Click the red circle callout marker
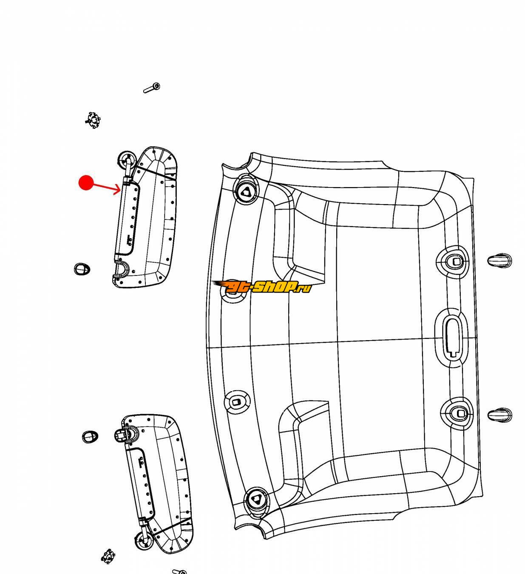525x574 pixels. [x=86, y=182]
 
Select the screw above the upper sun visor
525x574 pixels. [x=152, y=88]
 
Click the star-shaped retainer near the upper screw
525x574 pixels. [x=93, y=120]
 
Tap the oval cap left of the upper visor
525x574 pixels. [x=82, y=269]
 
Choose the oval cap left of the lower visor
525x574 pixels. [x=90, y=437]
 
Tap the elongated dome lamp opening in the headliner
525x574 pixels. [x=451, y=337]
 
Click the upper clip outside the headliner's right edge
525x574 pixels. [x=499, y=261]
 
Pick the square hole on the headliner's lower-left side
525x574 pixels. [x=236, y=402]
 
